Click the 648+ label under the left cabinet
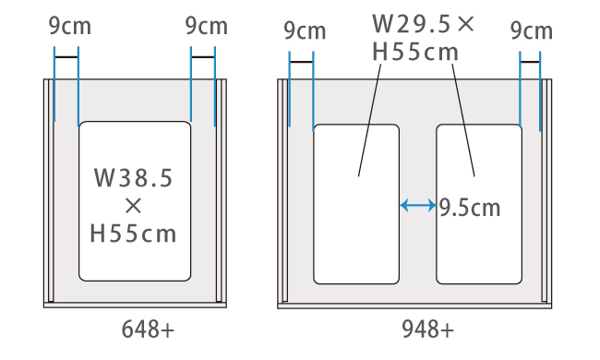(148, 330)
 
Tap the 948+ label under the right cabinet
(427, 330)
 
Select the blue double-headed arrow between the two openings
(418, 206)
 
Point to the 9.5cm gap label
(470, 208)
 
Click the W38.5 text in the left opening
(133, 178)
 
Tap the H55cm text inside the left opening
(133, 234)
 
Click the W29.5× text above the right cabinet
(423, 24)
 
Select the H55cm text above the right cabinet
(415, 53)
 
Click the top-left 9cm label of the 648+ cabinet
(70, 26)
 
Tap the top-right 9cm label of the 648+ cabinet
(207, 26)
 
